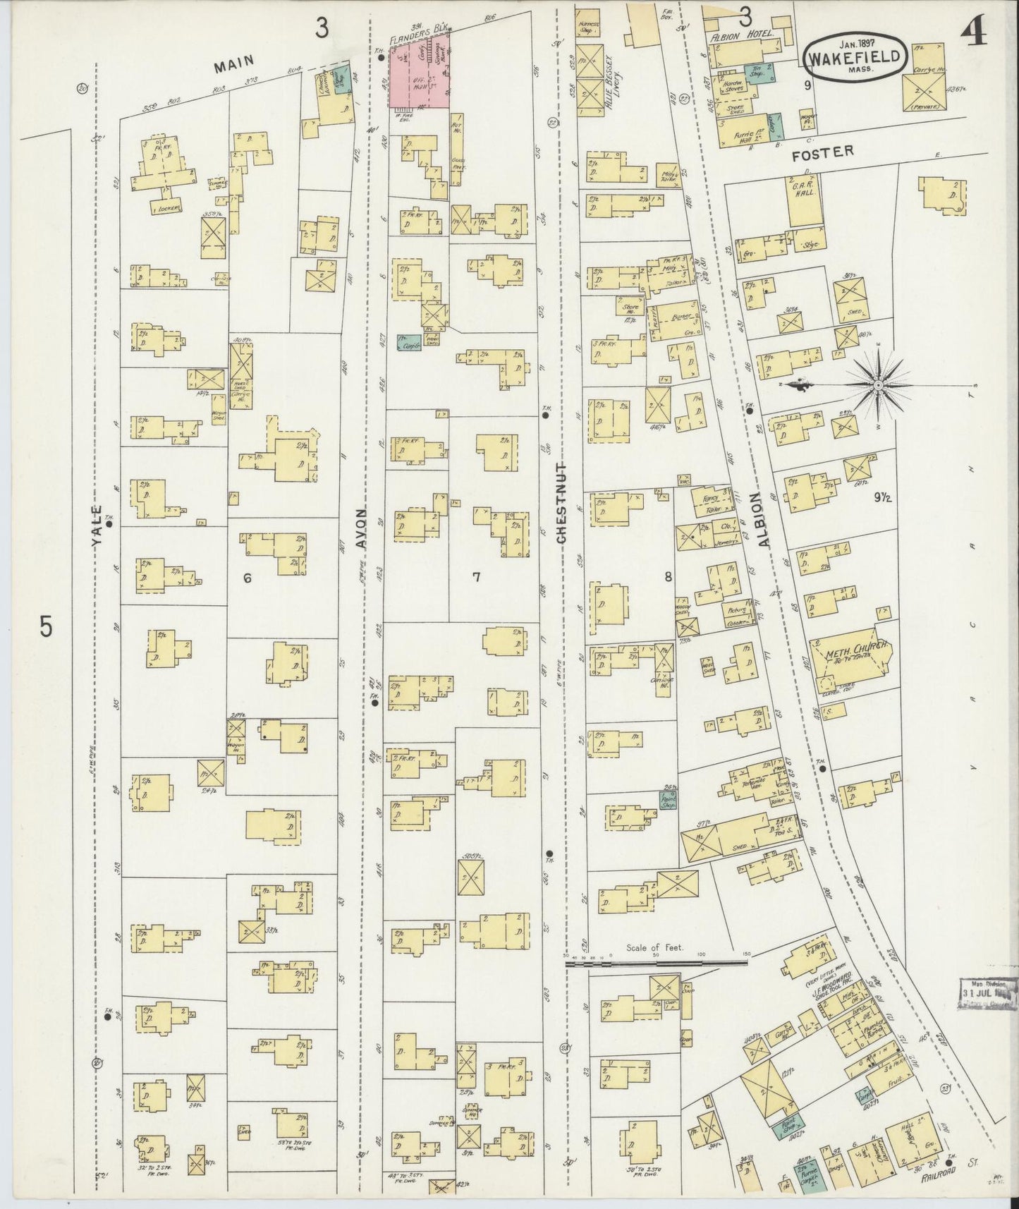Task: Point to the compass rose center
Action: coord(879,385)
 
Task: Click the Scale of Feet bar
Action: coord(656,961)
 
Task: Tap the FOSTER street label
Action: coord(834,151)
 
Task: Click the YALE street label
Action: coord(98,523)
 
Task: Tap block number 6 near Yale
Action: coord(247,578)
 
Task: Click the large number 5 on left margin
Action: coord(47,626)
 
